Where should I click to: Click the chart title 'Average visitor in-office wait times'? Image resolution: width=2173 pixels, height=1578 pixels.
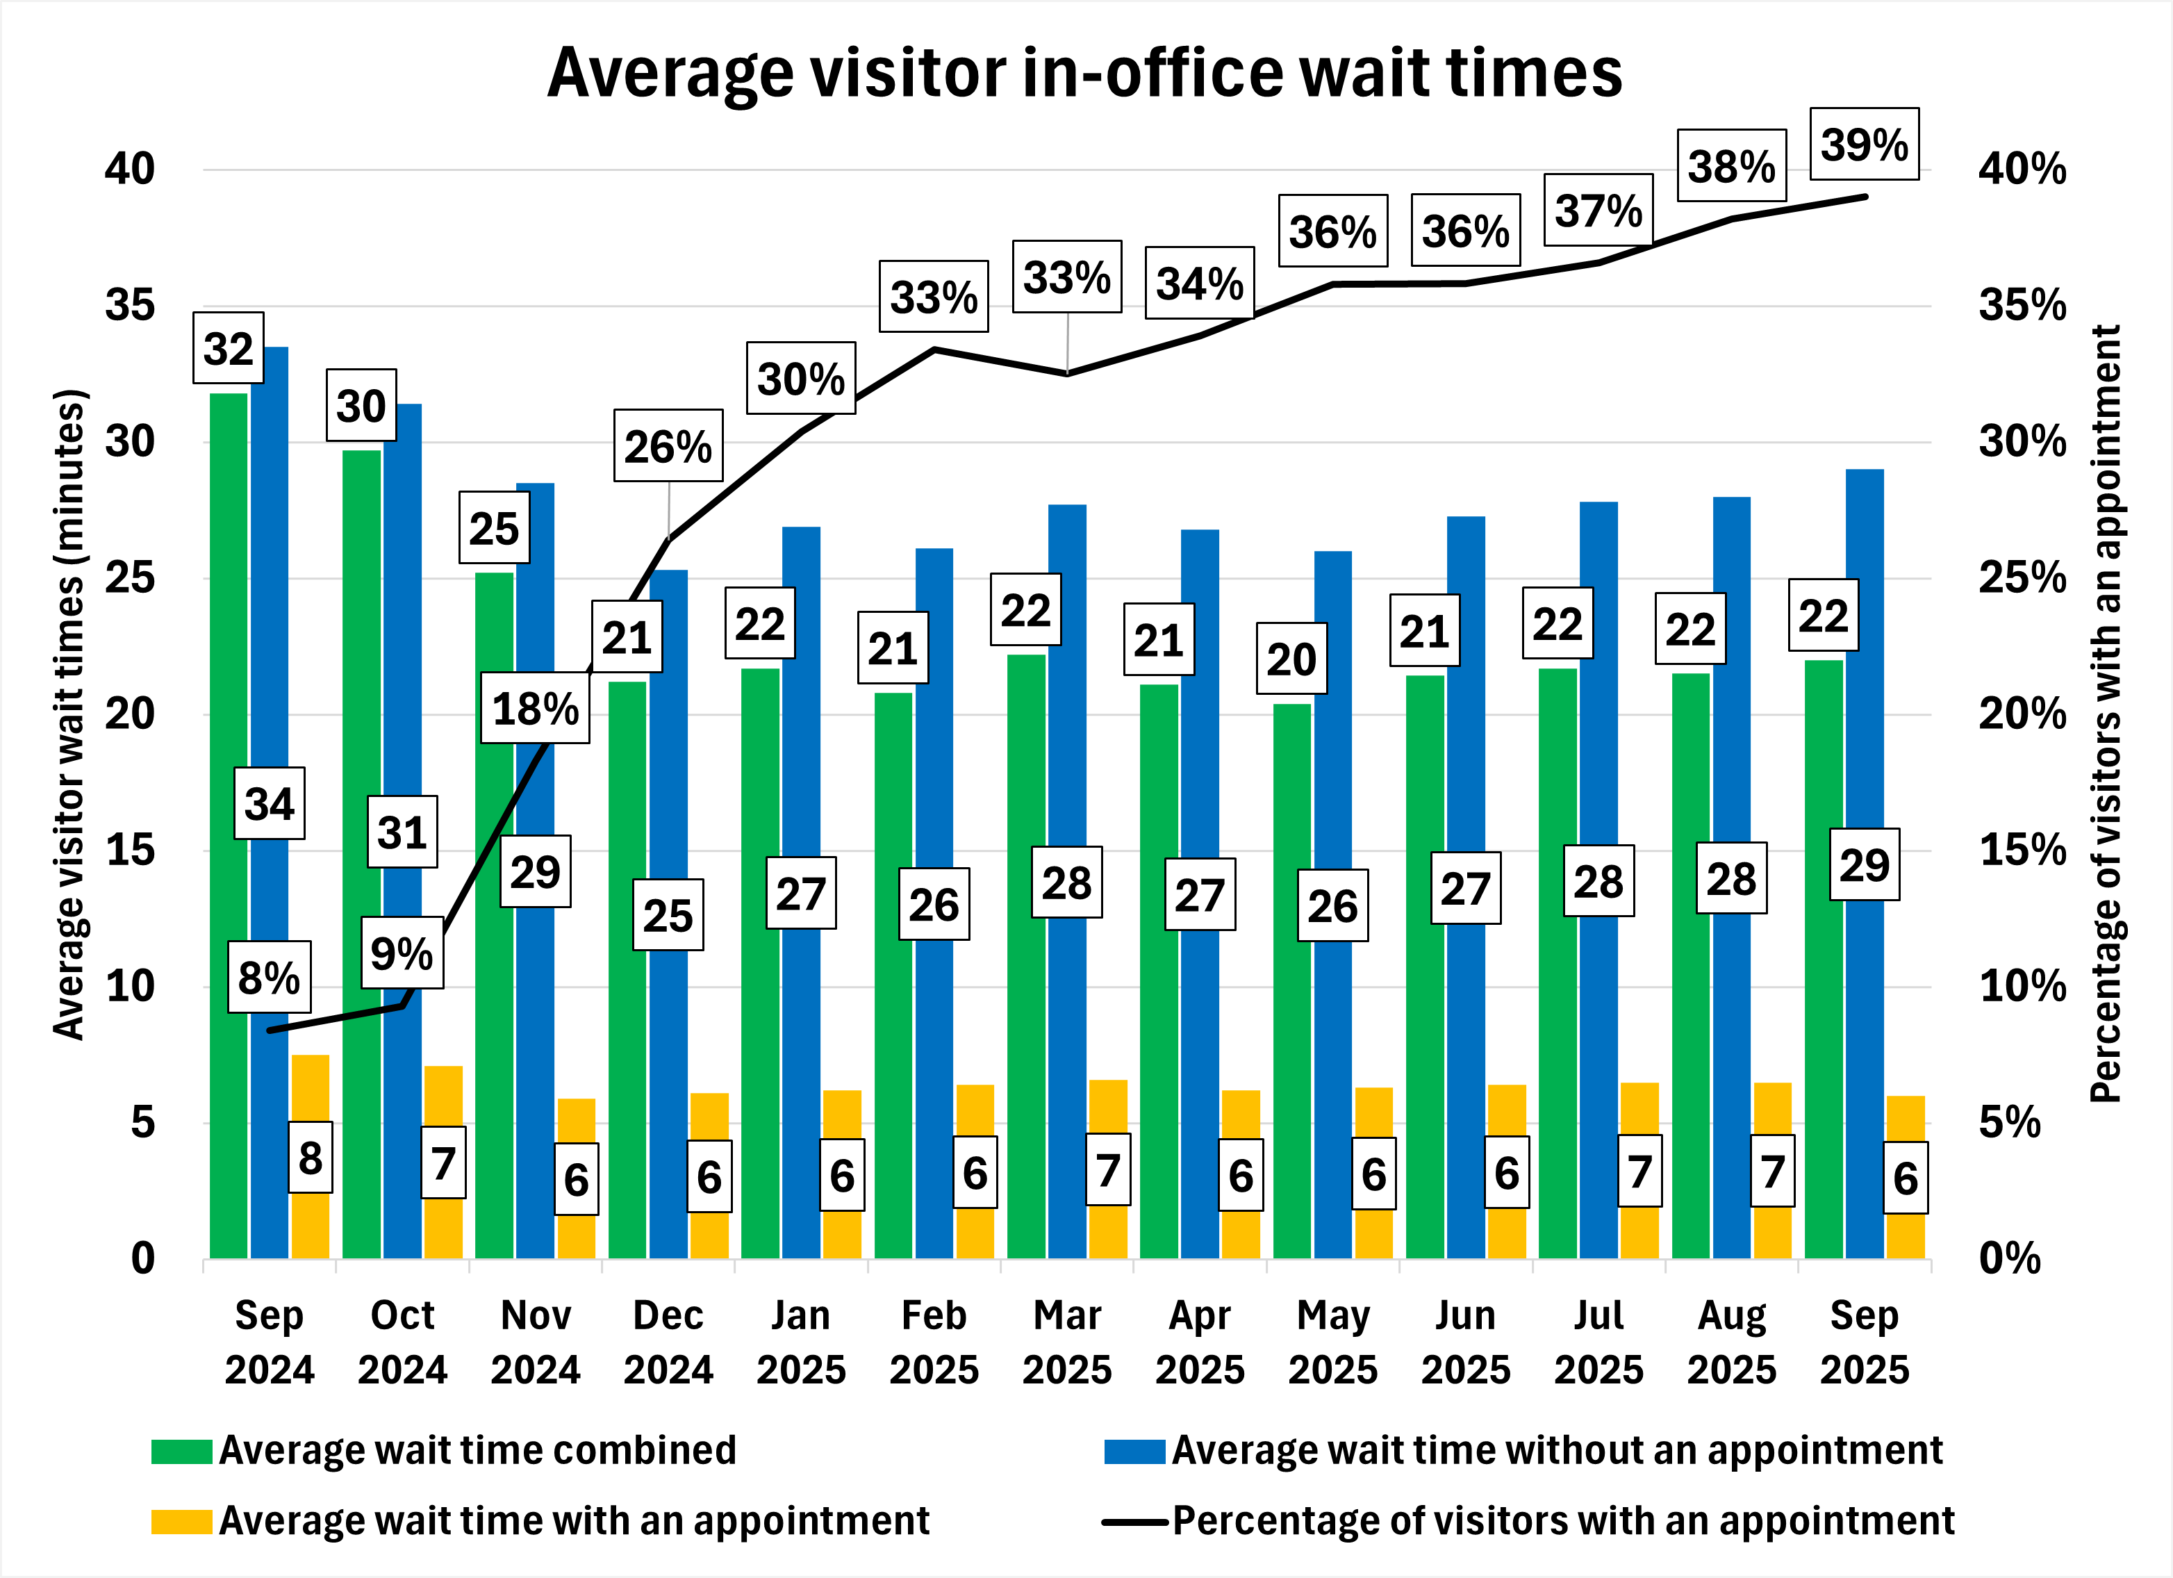point(1084,73)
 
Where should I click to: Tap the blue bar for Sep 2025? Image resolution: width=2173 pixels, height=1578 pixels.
point(1865,671)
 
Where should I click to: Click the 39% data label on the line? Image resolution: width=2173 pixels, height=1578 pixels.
point(1864,145)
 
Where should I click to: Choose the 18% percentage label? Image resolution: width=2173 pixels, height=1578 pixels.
point(535,709)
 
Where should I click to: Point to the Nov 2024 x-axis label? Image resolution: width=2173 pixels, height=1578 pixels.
point(535,1341)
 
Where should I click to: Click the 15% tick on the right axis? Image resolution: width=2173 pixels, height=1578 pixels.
point(2022,850)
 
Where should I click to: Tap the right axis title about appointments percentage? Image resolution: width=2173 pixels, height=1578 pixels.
point(2105,714)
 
